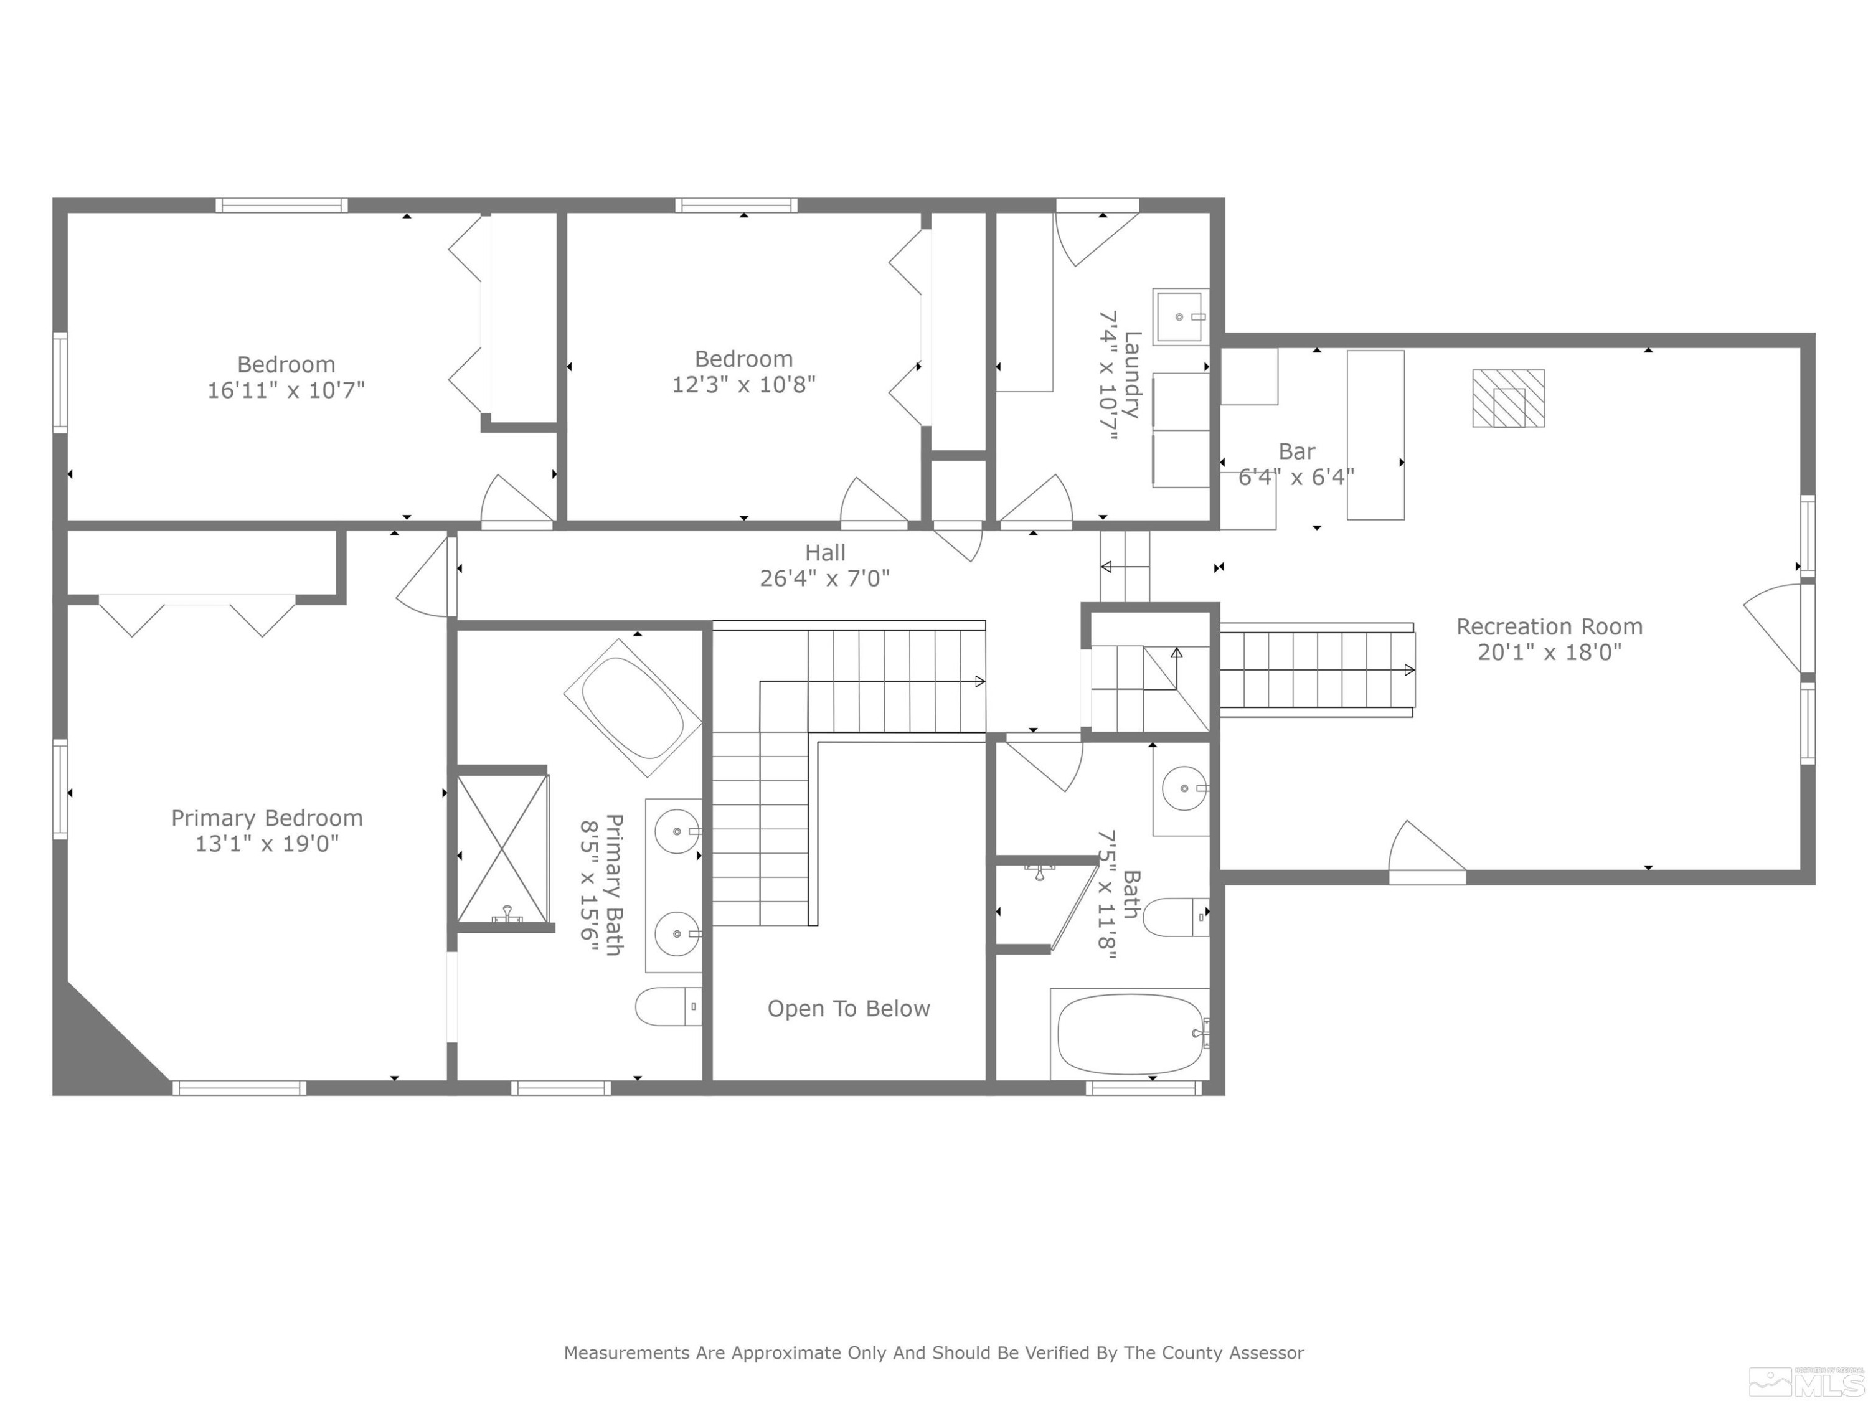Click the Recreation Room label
tap(1550, 626)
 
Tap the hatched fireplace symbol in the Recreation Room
tap(1508, 398)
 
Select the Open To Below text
tap(849, 1008)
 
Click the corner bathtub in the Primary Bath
tap(633, 708)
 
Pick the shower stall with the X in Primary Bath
tap(502, 849)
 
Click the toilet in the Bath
tap(1176, 917)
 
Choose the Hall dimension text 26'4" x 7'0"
tap(825, 578)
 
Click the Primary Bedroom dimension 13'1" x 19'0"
tap(267, 844)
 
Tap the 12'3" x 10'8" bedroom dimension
tap(744, 384)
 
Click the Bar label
tap(1296, 452)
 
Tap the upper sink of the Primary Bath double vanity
tap(677, 832)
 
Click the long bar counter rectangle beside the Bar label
tap(1375, 435)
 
